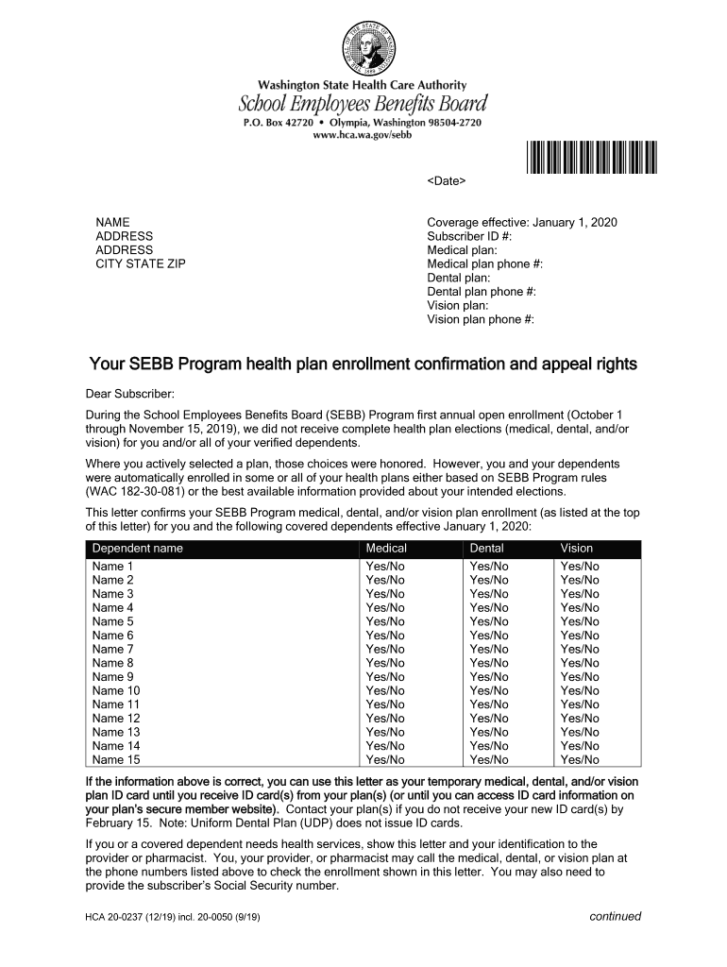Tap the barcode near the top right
(x=590, y=157)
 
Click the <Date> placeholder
(x=447, y=180)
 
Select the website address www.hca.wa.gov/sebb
(x=363, y=136)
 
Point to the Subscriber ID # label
(x=469, y=236)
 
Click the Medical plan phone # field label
(x=484, y=264)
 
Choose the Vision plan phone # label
(x=481, y=319)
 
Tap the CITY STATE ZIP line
(x=141, y=263)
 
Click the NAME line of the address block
(x=113, y=222)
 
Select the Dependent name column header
(x=138, y=549)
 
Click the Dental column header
(x=486, y=549)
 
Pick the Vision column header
(x=577, y=549)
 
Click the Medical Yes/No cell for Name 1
(x=385, y=567)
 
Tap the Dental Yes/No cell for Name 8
(x=489, y=663)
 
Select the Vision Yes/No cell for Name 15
(x=580, y=759)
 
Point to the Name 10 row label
(x=116, y=690)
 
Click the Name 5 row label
(x=113, y=621)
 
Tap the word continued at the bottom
(x=615, y=916)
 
